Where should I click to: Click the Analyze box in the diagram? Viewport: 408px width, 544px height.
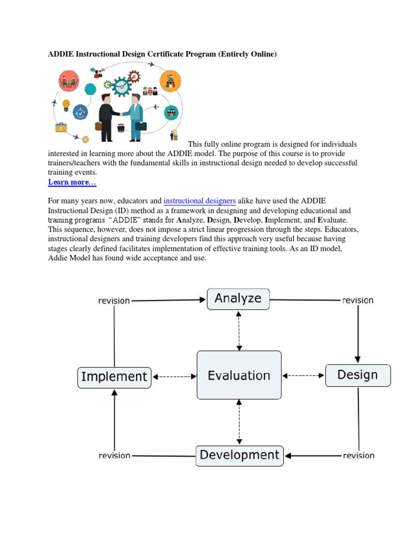pos(238,299)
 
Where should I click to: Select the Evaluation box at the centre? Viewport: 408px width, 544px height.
pos(239,376)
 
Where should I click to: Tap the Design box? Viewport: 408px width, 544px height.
pos(358,375)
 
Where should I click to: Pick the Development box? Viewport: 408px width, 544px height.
pos(239,455)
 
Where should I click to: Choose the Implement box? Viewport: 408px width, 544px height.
pos(114,377)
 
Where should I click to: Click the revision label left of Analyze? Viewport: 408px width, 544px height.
pos(114,301)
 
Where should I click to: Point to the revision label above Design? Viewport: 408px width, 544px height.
pos(358,300)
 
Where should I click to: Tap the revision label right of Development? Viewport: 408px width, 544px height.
pos(358,455)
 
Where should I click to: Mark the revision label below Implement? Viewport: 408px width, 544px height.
pos(114,455)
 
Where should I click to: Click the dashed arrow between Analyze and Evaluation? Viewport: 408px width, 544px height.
pos(239,330)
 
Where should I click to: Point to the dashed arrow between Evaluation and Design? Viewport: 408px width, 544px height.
pos(303,376)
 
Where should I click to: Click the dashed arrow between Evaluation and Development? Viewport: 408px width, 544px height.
pos(239,422)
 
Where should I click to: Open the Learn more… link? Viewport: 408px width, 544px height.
pos(72,182)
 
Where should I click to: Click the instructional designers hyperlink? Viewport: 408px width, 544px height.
pos(200,201)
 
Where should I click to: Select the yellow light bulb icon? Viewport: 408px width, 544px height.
pos(66,104)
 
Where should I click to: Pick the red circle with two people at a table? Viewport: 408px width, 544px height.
pos(69,80)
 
